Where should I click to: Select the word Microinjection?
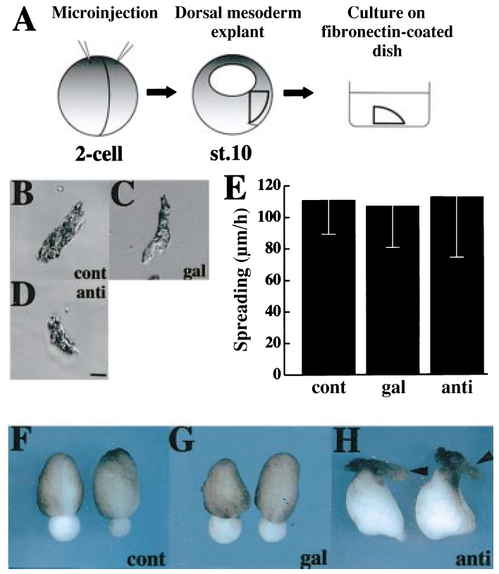point(105,13)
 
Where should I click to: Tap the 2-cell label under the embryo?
point(99,154)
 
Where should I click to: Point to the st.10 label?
point(230,153)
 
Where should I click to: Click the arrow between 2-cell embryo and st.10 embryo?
point(161,92)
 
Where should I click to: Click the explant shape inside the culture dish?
point(388,116)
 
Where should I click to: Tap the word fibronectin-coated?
point(387,32)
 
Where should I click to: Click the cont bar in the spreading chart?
point(328,287)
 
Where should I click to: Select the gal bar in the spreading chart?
point(393,290)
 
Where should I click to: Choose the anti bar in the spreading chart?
point(457,285)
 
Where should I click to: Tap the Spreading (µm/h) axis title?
point(242,280)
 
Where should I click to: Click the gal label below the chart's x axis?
point(393,388)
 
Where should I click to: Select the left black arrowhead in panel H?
point(419,471)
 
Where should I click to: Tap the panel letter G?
point(181,439)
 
